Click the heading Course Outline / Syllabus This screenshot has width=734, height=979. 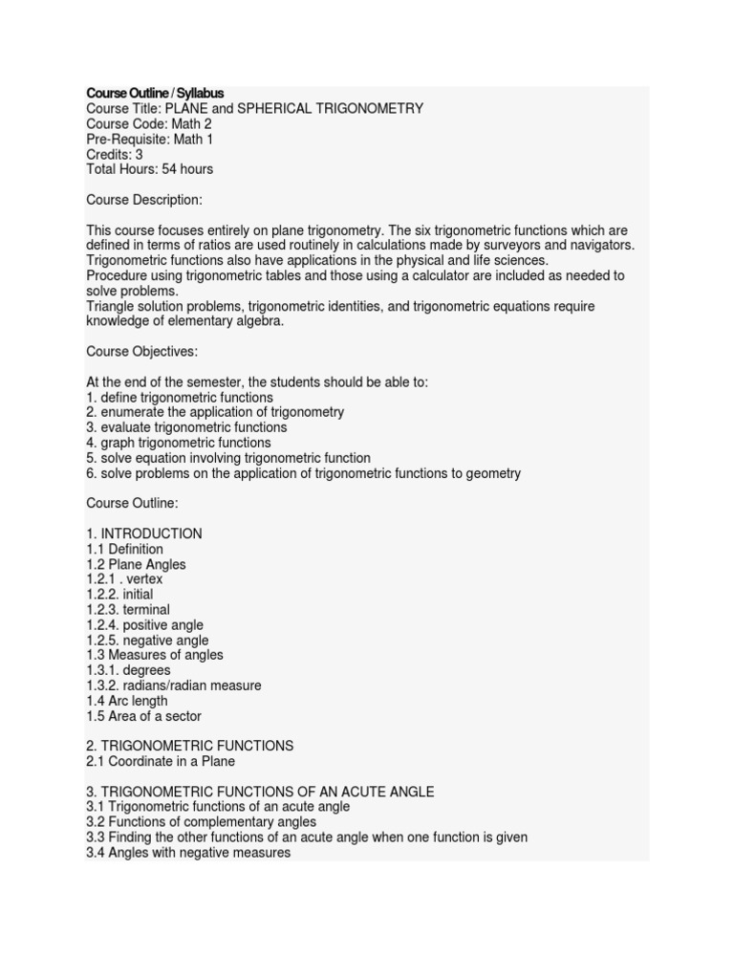[x=155, y=94]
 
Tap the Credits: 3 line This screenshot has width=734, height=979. [x=115, y=154]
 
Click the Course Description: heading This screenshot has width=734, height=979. [x=144, y=200]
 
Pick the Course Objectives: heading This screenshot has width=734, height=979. [x=142, y=352]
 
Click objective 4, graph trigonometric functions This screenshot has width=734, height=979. [x=179, y=443]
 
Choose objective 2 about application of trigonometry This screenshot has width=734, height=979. [x=215, y=412]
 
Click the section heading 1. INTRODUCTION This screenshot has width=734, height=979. [x=144, y=533]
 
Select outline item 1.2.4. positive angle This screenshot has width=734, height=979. [x=145, y=625]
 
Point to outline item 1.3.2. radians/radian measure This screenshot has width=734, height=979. [x=173, y=685]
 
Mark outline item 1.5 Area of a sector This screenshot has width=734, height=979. [x=144, y=716]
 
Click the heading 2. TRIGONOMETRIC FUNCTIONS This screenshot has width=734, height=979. [x=190, y=746]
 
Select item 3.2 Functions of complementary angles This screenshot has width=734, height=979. [x=202, y=822]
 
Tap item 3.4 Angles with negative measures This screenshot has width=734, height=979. [x=188, y=852]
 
